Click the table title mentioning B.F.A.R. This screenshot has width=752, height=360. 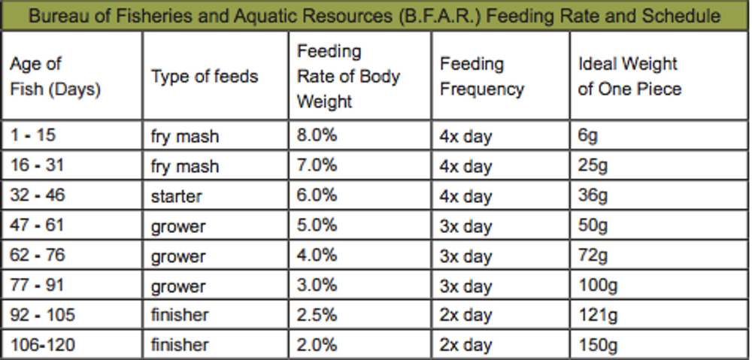[374, 16]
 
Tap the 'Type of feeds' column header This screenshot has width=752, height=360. [205, 77]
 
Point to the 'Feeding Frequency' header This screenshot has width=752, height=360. [481, 77]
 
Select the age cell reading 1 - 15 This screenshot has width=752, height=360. [33, 136]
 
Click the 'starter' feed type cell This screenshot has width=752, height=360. [176, 196]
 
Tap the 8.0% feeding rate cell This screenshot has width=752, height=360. [317, 136]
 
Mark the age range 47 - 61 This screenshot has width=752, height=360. [37, 225]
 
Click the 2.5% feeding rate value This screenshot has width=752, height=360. [317, 315]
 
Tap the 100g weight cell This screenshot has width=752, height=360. [597, 286]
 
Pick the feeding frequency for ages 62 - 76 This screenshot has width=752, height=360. [466, 256]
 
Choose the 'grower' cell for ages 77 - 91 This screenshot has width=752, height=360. [178, 286]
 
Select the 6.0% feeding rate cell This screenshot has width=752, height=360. [317, 196]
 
